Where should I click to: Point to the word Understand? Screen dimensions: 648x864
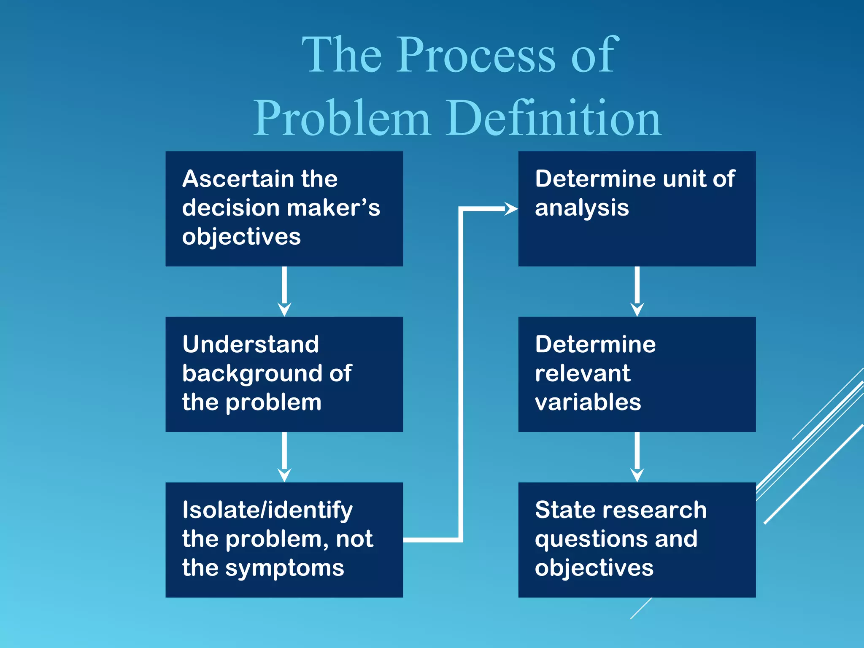pos(251,344)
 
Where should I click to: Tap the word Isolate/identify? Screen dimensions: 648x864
pos(267,510)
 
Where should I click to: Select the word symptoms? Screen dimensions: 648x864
pos(285,568)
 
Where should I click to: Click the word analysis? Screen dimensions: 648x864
pos(582,208)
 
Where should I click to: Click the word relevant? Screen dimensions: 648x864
pos(583,373)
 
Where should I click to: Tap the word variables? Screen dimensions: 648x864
pos(588,402)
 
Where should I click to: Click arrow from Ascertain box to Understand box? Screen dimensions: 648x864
pos(284,291)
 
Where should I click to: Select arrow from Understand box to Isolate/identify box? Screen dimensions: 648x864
pos(284,457)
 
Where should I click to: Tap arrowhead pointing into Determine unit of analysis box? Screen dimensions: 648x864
pos(511,208)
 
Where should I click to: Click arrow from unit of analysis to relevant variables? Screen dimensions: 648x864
pos(637,291)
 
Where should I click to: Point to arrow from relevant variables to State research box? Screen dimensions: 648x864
pos(637,457)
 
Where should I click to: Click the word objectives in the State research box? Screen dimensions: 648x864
pos(594,568)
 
